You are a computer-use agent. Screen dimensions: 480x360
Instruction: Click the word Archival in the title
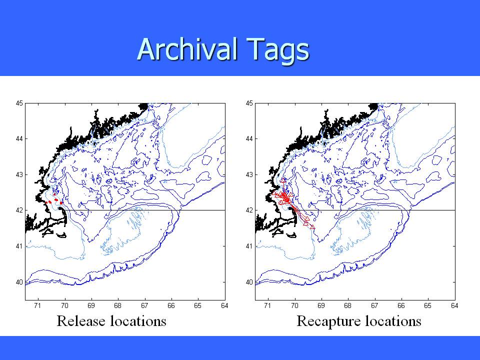pos(188,49)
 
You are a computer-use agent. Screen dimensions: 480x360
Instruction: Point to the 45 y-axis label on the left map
pos(19,103)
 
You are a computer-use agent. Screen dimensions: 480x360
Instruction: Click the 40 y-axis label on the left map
pos(19,282)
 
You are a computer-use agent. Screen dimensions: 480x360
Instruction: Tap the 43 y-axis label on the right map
pos(249,175)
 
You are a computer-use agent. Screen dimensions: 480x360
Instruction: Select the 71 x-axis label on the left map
pos(37,305)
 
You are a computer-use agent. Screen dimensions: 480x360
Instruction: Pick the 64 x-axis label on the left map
pos(224,305)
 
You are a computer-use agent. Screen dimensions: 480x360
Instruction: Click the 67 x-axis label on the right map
pos(374,305)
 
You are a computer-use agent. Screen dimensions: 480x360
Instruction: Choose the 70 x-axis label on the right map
pos(294,305)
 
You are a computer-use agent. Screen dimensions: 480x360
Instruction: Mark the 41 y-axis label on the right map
pos(249,246)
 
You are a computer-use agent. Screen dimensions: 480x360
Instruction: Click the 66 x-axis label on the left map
pos(171,305)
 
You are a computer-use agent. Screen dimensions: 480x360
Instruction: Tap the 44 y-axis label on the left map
pos(19,139)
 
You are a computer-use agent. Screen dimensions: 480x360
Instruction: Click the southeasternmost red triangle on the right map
pos(312,227)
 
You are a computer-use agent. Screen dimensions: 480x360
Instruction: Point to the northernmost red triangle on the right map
pos(283,180)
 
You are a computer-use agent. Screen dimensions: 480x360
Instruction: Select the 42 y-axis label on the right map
pos(249,210)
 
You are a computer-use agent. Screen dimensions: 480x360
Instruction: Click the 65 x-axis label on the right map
pos(427,305)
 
